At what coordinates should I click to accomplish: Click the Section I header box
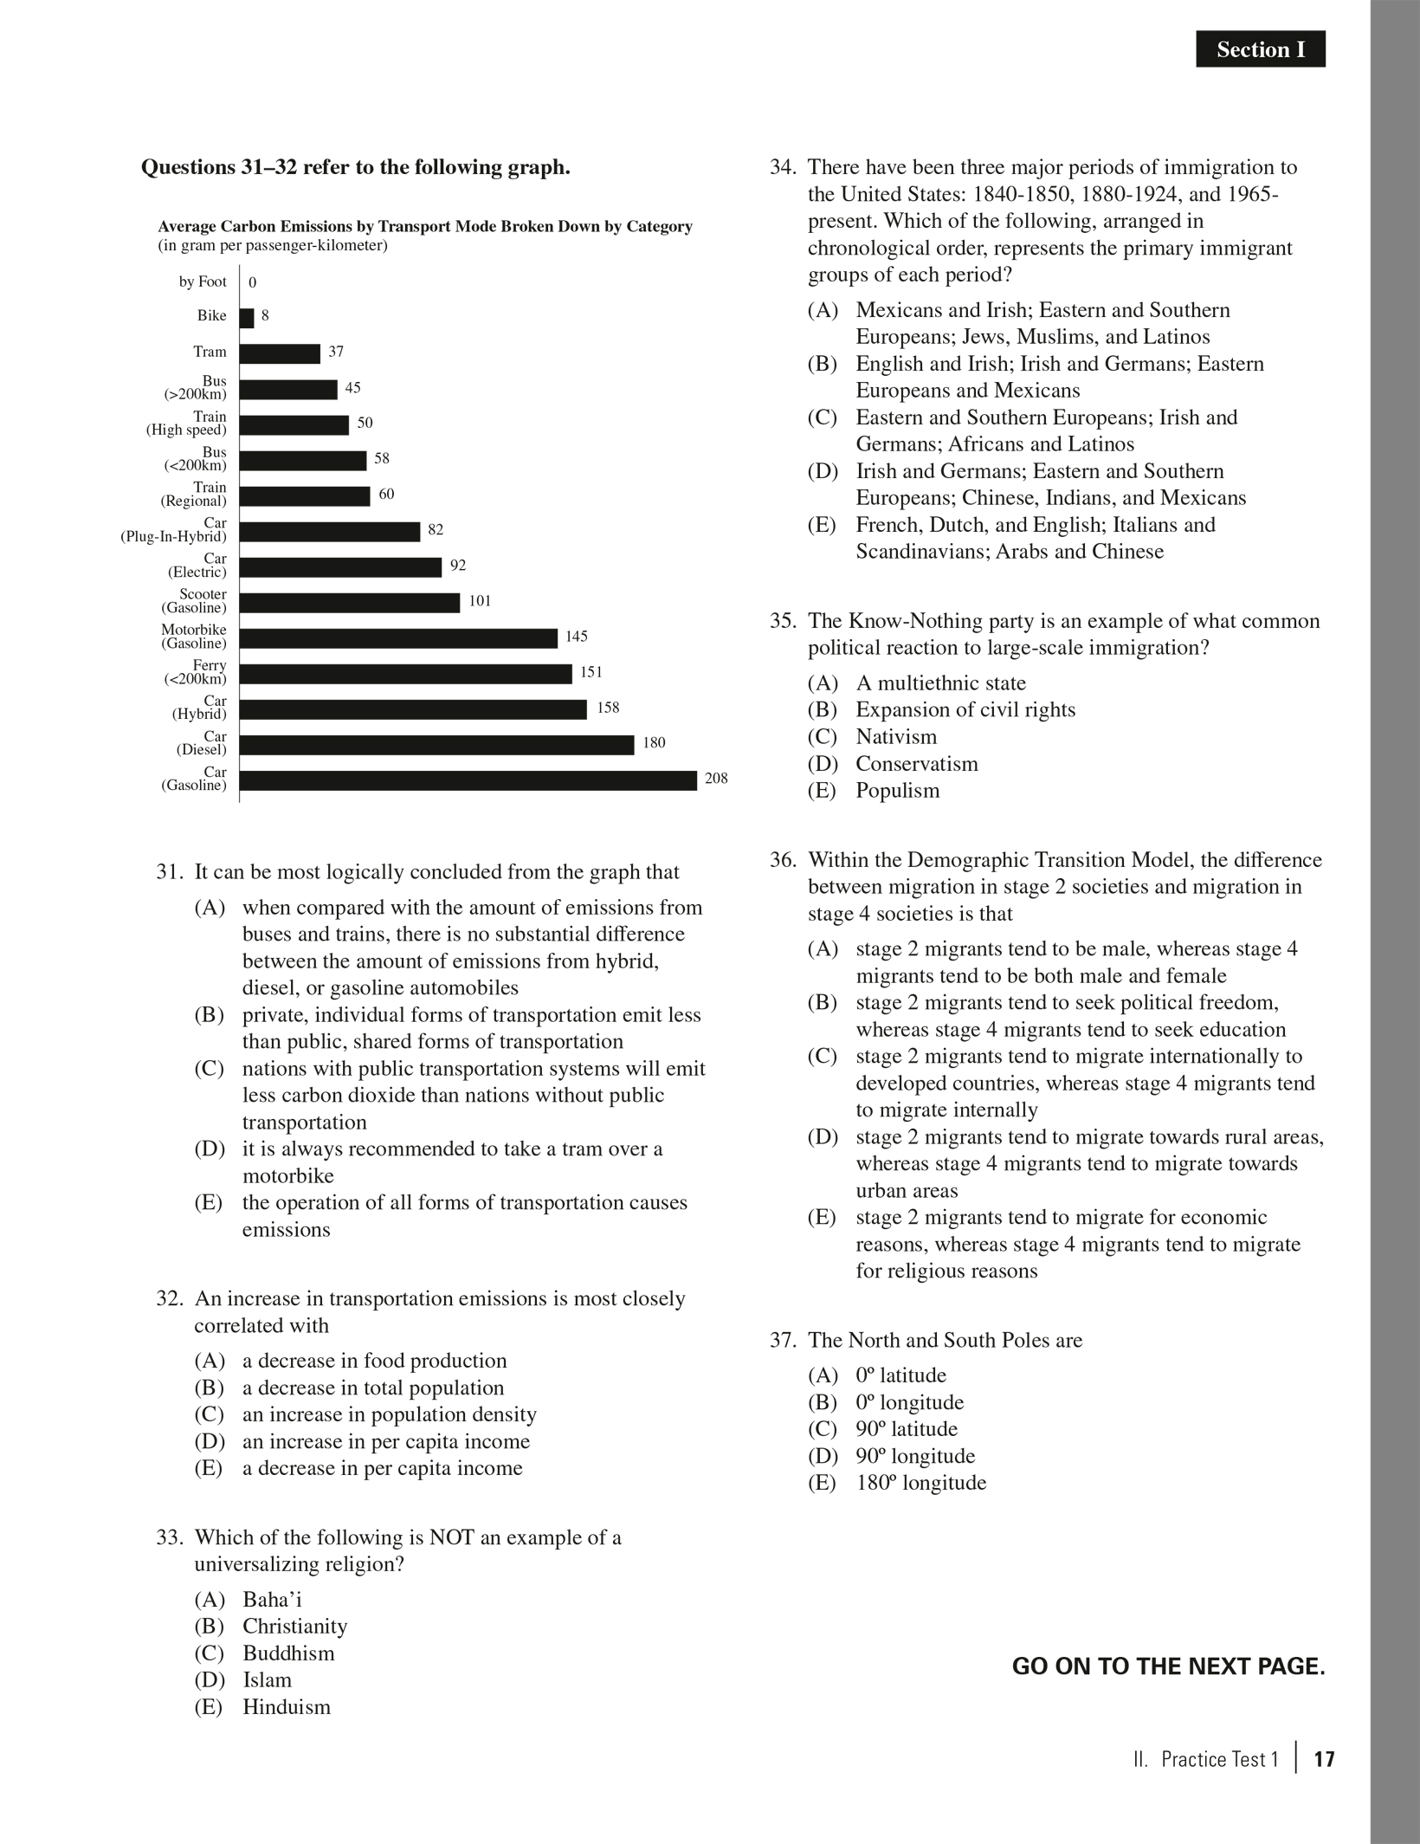(x=1260, y=49)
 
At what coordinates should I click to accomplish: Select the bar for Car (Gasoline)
(x=468, y=780)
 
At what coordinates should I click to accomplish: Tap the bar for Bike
(x=247, y=318)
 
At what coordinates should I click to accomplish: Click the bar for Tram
(x=280, y=353)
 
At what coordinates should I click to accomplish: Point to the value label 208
(x=716, y=779)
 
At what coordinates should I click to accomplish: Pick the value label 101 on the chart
(x=480, y=601)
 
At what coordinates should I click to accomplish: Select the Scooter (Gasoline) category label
(x=197, y=601)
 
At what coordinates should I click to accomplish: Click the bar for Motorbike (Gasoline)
(x=398, y=638)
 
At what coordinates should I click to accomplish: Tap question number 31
(x=167, y=872)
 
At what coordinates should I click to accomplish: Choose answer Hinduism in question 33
(x=286, y=1707)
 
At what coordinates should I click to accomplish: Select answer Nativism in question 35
(x=895, y=737)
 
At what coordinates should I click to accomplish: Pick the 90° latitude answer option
(x=906, y=1429)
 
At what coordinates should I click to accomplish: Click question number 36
(x=782, y=860)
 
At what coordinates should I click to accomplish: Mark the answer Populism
(x=897, y=791)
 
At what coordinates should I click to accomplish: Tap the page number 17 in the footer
(x=1324, y=1759)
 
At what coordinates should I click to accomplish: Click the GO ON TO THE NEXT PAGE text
(x=1168, y=1666)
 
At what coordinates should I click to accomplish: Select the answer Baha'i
(x=272, y=1599)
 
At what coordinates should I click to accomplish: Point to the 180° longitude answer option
(x=920, y=1483)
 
